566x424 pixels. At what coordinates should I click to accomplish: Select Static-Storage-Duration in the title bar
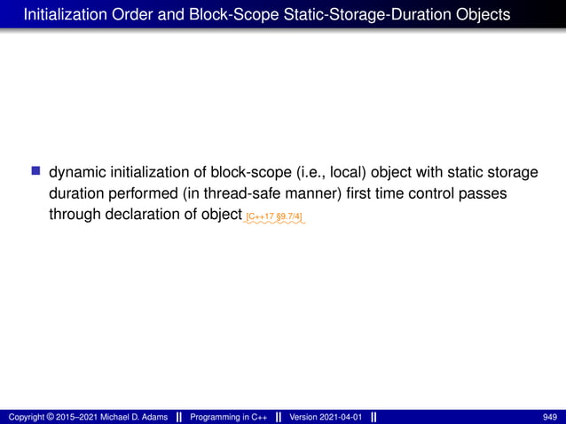click(365, 14)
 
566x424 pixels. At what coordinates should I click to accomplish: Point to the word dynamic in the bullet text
click(77, 171)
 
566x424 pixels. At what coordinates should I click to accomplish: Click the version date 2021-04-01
click(341, 417)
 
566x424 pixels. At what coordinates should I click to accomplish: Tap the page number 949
click(550, 417)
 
